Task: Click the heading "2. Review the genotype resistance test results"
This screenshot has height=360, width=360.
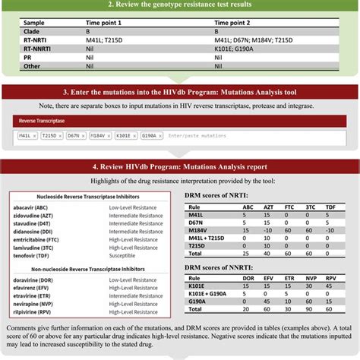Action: point(179,7)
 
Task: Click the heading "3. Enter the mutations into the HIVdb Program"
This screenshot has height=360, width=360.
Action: point(179,92)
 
